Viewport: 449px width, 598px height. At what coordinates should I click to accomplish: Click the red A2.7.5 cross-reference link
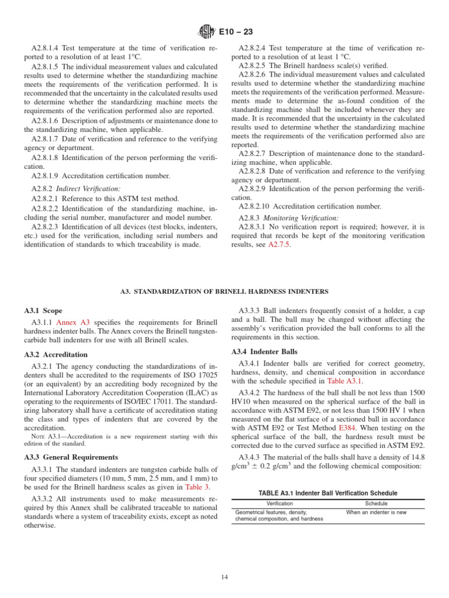(278, 245)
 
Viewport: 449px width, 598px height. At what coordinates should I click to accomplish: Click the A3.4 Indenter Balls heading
(264, 352)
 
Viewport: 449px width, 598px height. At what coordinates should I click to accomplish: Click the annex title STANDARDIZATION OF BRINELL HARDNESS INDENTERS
(224, 291)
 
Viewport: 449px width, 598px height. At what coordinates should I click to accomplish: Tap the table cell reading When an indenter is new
(376, 512)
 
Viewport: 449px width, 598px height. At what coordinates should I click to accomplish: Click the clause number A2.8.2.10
(259, 206)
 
